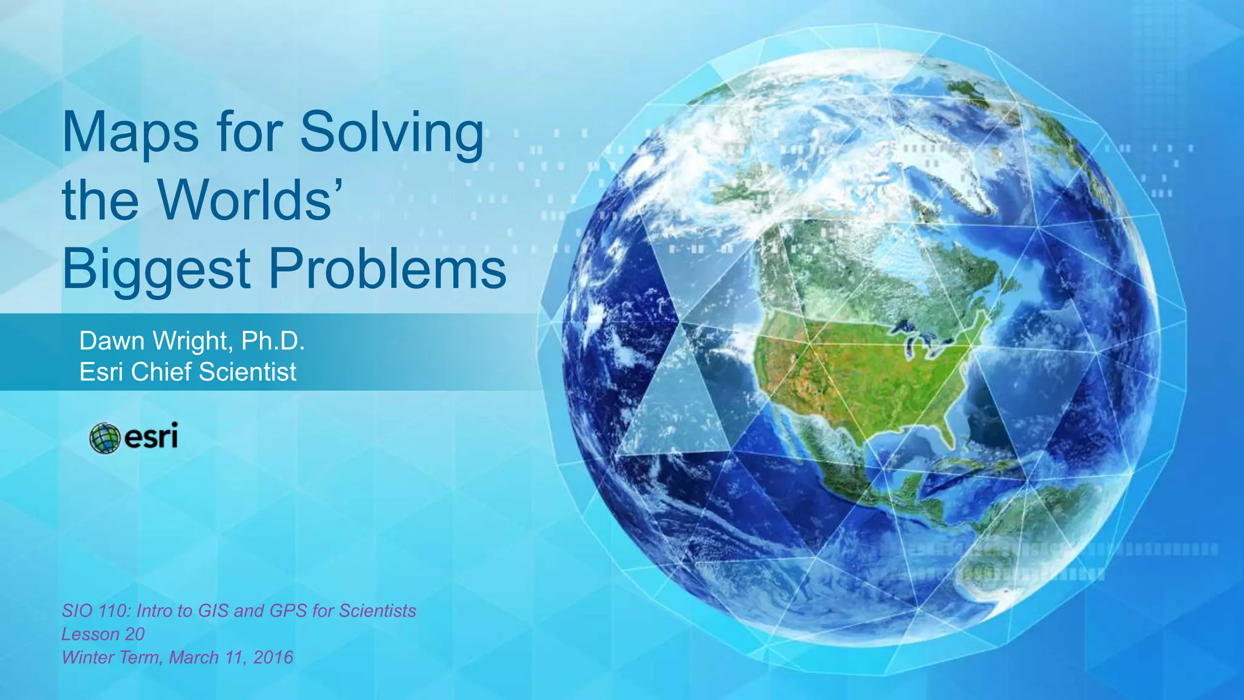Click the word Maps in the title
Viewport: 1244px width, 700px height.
tap(130, 132)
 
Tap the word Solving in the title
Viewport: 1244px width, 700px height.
tap(392, 132)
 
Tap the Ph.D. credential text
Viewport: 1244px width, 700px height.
tap(273, 341)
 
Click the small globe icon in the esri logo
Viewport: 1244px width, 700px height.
tap(104, 438)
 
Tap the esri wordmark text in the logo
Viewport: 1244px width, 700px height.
tap(151, 437)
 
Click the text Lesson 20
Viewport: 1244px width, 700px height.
tap(103, 634)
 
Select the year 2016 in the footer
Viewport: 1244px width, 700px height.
tap(273, 657)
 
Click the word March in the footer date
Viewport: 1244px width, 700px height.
tap(194, 657)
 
